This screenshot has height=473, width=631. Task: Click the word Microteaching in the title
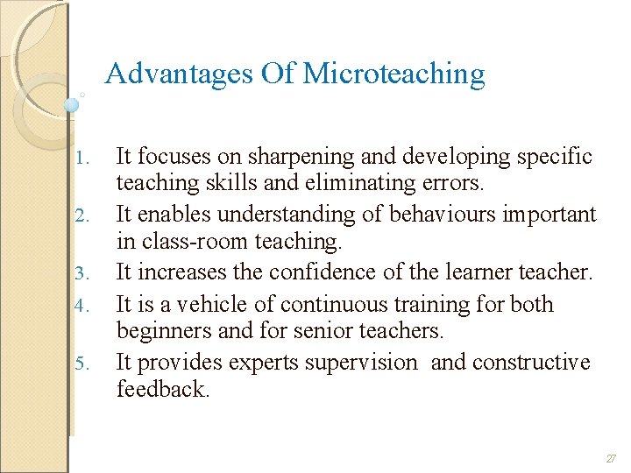pos(393,74)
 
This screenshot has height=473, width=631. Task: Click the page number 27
pos(610,458)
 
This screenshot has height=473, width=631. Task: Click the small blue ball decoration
pos(72,104)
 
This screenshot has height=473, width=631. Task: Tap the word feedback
pos(162,390)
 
